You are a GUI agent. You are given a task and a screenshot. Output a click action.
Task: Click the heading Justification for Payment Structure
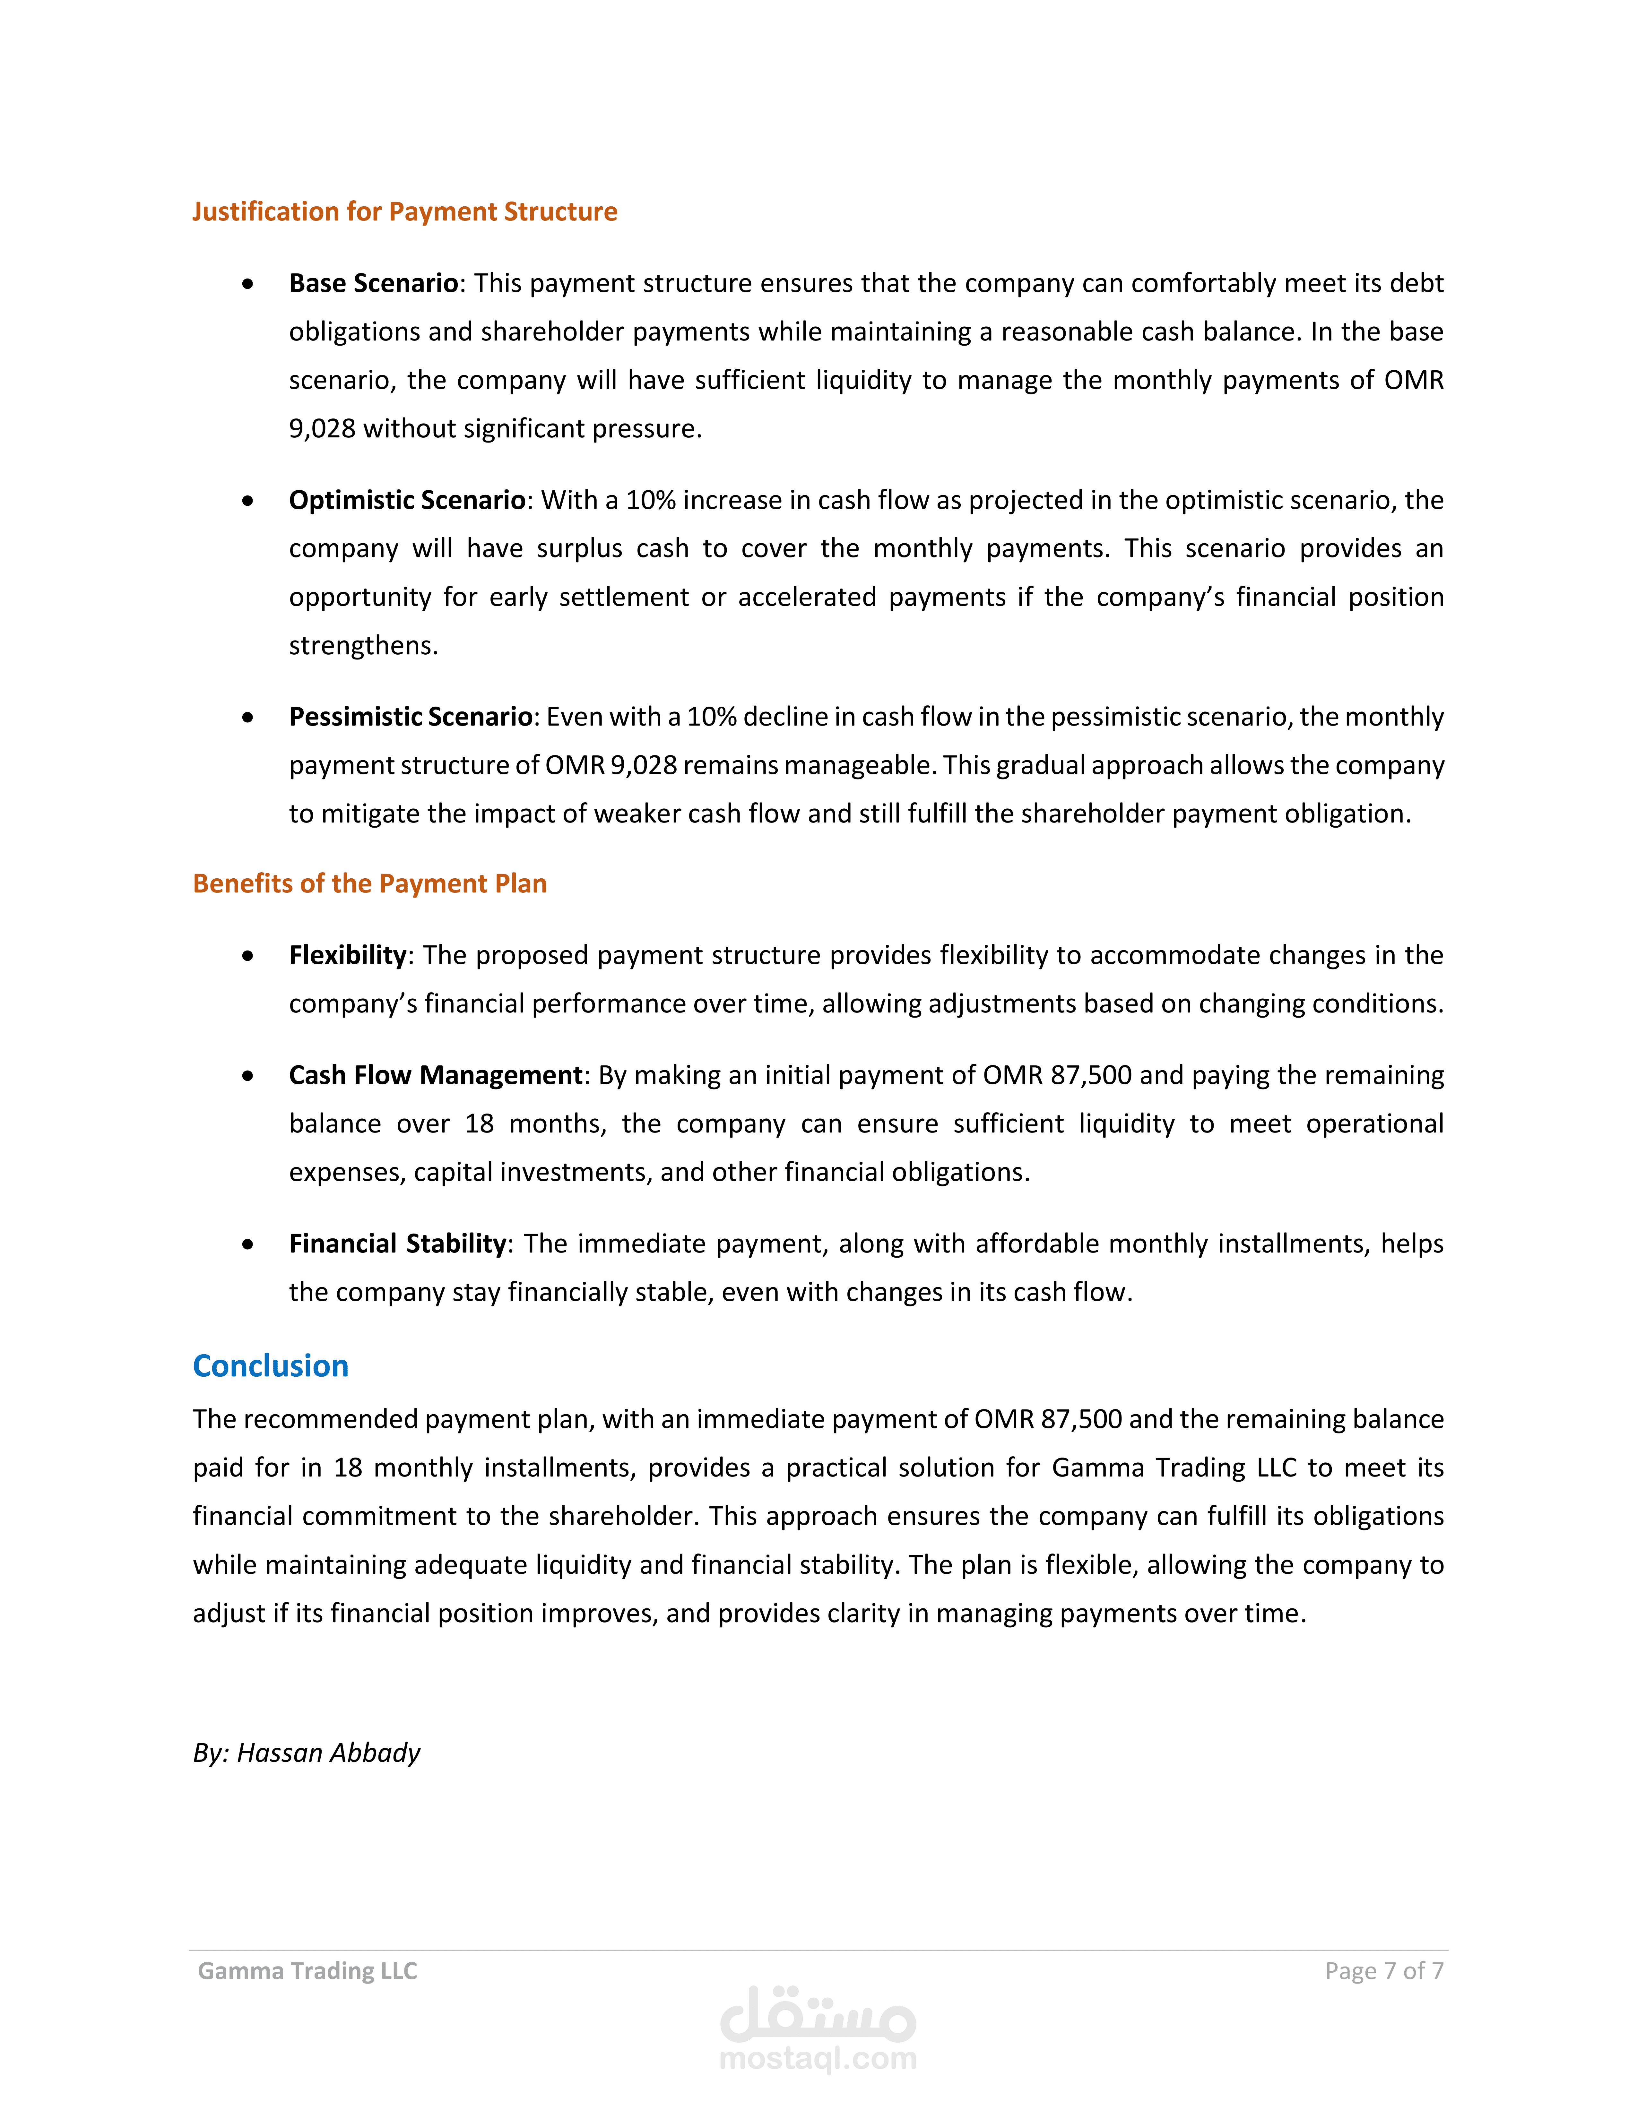click(404, 211)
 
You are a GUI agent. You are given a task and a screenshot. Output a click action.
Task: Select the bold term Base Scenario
click(373, 283)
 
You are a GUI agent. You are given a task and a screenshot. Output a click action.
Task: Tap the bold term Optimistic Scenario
click(407, 500)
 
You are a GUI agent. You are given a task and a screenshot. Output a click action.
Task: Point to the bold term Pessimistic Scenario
click(410, 717)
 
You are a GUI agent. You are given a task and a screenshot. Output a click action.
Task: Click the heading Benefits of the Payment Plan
click(369, 883)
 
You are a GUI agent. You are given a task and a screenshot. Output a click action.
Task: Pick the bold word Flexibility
click(347, 955)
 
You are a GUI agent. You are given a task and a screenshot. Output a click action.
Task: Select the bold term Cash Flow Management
click(436, 1075)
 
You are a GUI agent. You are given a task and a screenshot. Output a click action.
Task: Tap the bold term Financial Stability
click(398, 1244)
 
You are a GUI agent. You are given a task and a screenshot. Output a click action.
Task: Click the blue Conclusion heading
click(271, 1365)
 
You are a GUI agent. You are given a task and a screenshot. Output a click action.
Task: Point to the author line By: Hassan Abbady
click(307, 1752)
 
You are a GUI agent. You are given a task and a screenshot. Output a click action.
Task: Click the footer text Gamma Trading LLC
click(307, 1971)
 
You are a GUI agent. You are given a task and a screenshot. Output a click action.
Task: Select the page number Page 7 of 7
click(1384, 1971)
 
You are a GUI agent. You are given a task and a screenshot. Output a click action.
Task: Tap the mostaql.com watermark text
click(818, 2058)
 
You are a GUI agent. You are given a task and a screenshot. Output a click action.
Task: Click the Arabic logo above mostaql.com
click(818, 2015)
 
